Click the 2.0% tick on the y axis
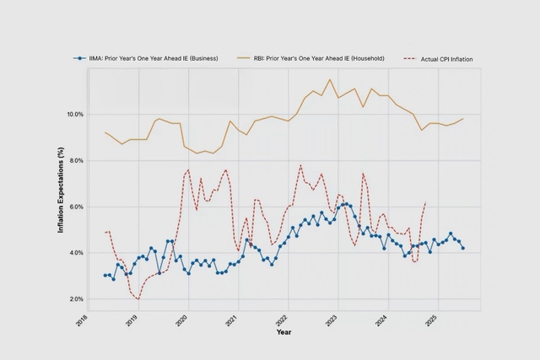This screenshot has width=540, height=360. tap(75, 299)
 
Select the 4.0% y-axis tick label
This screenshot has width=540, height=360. tap(75, 253)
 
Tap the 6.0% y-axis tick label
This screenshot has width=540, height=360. tap(75, 207)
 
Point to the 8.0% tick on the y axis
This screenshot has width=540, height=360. tap(75, 160)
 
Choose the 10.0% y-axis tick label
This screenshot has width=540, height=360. tap(73, 114)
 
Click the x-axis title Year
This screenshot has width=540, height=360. tap(283, 332)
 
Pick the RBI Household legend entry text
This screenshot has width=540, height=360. tap(320, 58)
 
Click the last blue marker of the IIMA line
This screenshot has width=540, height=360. tap(462, 248)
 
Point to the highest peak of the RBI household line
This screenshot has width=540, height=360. tap(330, 79)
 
